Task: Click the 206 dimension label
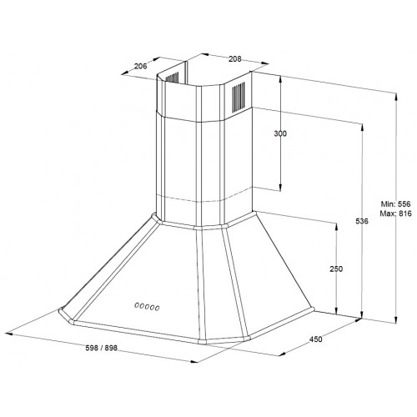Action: pos(140,66)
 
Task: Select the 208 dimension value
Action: pos(235,59)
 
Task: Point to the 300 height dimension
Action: pos(280,133)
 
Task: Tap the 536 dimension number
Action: pos(362,221)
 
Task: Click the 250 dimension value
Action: pos(336,269)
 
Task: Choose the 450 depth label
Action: pos(316,339)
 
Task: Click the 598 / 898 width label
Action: pos(102,348)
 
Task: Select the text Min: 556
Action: pos(396,203)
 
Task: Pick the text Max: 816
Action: pos(396,214)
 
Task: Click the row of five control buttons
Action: pos(147,307)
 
